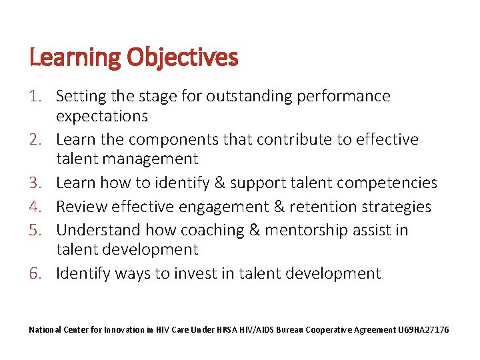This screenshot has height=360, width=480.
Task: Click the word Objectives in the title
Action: click(182, 58)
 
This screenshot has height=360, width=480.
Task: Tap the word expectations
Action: click(102, 116)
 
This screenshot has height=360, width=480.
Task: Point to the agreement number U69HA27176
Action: click(425, 330)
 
